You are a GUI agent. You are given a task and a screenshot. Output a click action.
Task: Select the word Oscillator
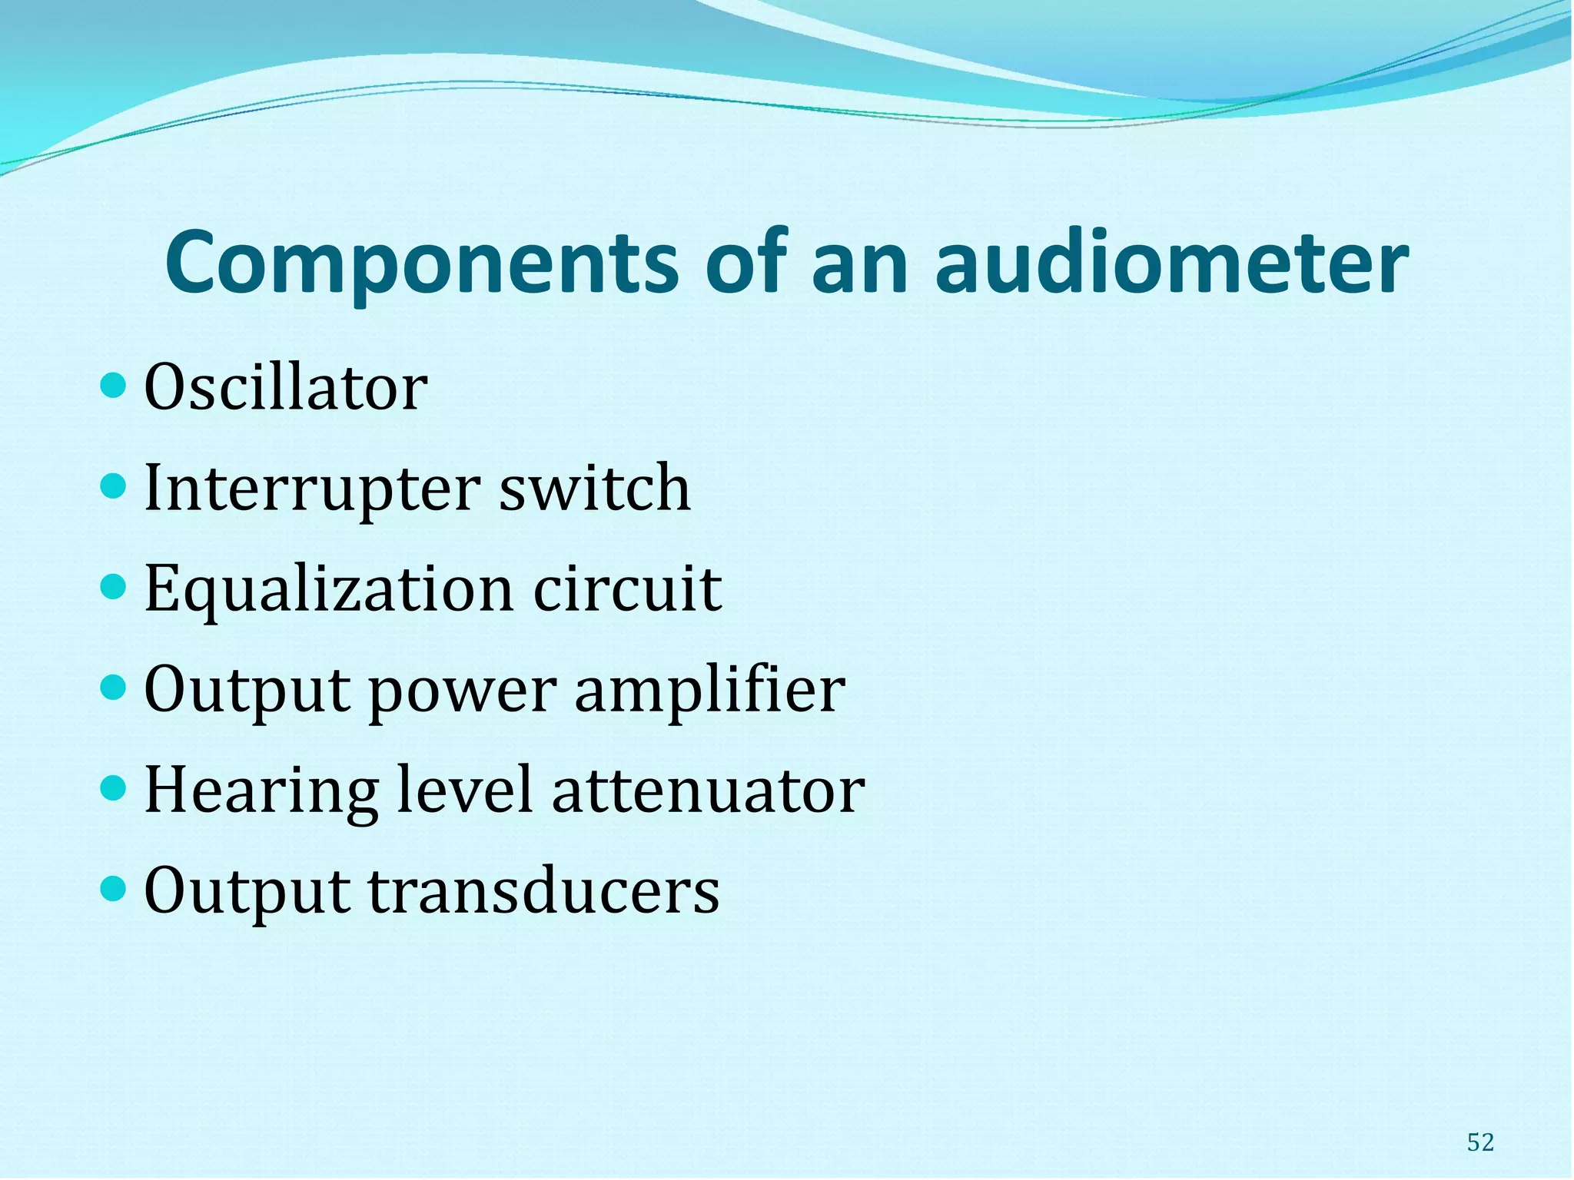285,388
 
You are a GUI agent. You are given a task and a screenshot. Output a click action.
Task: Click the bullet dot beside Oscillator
113,385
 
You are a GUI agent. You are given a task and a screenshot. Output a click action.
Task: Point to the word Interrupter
311,489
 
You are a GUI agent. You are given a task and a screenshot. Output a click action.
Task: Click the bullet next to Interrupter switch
113,486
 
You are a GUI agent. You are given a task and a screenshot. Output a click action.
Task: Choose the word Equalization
328,590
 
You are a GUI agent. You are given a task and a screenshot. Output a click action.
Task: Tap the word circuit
627,588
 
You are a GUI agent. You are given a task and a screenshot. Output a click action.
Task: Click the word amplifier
710,690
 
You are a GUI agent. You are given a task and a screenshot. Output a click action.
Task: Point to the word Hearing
261,791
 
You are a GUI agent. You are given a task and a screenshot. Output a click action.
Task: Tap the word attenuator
709,791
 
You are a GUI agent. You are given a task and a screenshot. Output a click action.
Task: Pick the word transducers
544,891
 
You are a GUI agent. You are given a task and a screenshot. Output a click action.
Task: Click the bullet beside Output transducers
113,889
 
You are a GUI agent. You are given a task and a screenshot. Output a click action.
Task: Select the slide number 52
1480,1142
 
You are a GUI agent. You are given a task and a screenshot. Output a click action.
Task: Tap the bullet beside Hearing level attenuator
113,788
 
